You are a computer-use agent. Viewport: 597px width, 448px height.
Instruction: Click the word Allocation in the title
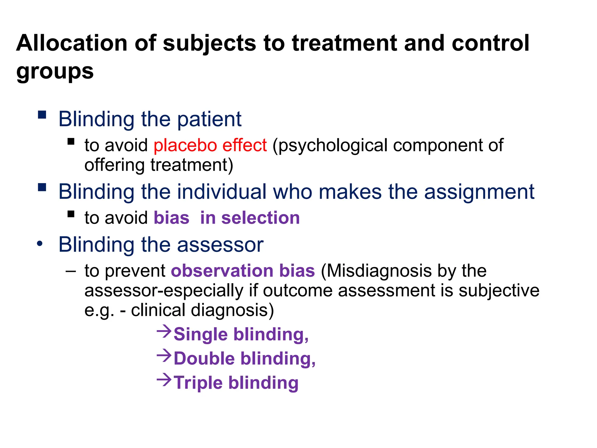point(72,43)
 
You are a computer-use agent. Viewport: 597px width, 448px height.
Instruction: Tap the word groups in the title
point(55,71)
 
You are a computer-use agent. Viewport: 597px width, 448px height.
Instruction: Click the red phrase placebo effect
point(210,145)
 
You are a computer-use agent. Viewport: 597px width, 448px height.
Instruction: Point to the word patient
point(209,119)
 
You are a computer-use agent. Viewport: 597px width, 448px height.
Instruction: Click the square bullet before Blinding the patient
point(42,115)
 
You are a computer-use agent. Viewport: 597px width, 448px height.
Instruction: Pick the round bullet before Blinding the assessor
point(40,244)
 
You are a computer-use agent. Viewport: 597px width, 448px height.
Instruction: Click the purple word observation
point(222,271)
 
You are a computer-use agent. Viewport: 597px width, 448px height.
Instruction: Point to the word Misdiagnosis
point(376,271)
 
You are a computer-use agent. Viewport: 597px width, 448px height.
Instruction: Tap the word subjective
point(499,290)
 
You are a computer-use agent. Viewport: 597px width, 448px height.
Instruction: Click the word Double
point(204,358)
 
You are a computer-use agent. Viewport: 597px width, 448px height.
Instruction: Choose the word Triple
point(198,383)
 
